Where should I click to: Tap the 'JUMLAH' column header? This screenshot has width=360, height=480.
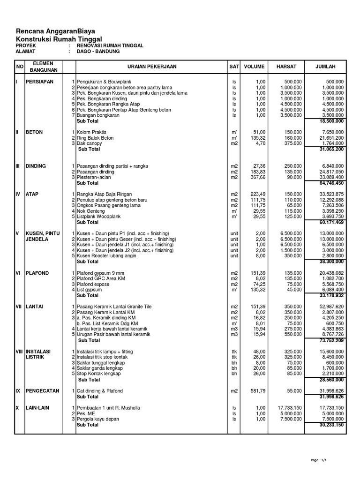[326, 67]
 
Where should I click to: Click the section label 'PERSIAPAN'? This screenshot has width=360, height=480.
[40, 82]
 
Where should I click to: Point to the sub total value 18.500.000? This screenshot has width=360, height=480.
[331, 121]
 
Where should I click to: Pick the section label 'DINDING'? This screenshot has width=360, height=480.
[36, 166]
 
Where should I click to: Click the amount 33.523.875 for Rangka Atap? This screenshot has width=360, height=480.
[331, 195]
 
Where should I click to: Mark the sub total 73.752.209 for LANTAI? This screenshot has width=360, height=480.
[331, 341]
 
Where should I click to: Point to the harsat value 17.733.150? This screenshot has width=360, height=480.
[286, 408]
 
